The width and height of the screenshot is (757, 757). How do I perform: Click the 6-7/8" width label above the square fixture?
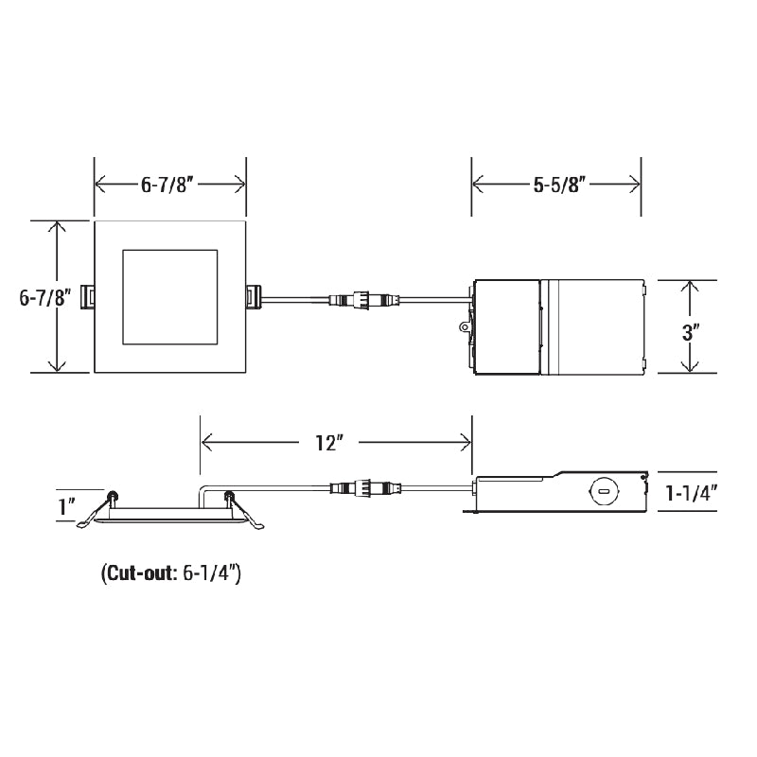[x=168, y=185]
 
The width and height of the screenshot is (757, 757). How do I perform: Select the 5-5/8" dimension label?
[x=556, y=185]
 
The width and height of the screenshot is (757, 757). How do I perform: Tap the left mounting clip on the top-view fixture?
[x=89, y=296]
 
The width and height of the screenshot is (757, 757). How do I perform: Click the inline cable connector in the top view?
[x=360, y=302]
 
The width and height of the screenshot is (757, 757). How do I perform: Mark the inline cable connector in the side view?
[x=360, y=489]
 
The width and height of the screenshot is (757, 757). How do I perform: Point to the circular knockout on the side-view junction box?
[x=600, y=492]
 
